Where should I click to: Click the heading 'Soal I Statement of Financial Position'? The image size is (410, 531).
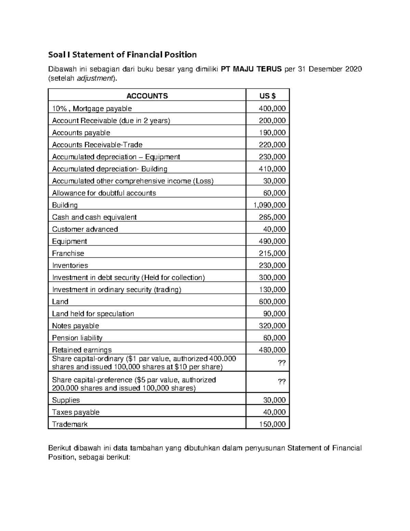coord(122,55)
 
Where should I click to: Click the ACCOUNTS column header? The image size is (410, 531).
coord(147,96)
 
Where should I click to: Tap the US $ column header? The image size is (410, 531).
coord(268,96)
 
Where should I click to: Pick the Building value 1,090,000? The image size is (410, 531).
coord(269,205)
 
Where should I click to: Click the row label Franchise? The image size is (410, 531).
coord(68,253)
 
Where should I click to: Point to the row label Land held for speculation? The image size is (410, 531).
coord(93,314)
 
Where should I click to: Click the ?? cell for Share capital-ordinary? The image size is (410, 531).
coord(282,363)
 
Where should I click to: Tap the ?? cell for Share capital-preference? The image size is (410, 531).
coord(282,382)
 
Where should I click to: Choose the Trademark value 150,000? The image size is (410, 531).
coord(272,424)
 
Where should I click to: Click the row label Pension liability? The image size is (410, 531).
coord(77,338)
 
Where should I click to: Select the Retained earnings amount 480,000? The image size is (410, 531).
coord(272,350)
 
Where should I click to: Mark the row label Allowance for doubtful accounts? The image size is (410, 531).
coord(104,193)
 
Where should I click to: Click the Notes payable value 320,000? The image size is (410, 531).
coord(272,326)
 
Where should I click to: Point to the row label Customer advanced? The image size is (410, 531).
coord(85,229)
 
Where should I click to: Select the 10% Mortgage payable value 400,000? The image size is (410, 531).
coord(272,109)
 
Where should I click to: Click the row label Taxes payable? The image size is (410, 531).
coord(76,412)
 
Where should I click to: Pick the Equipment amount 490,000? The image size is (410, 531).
coord(272,241)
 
